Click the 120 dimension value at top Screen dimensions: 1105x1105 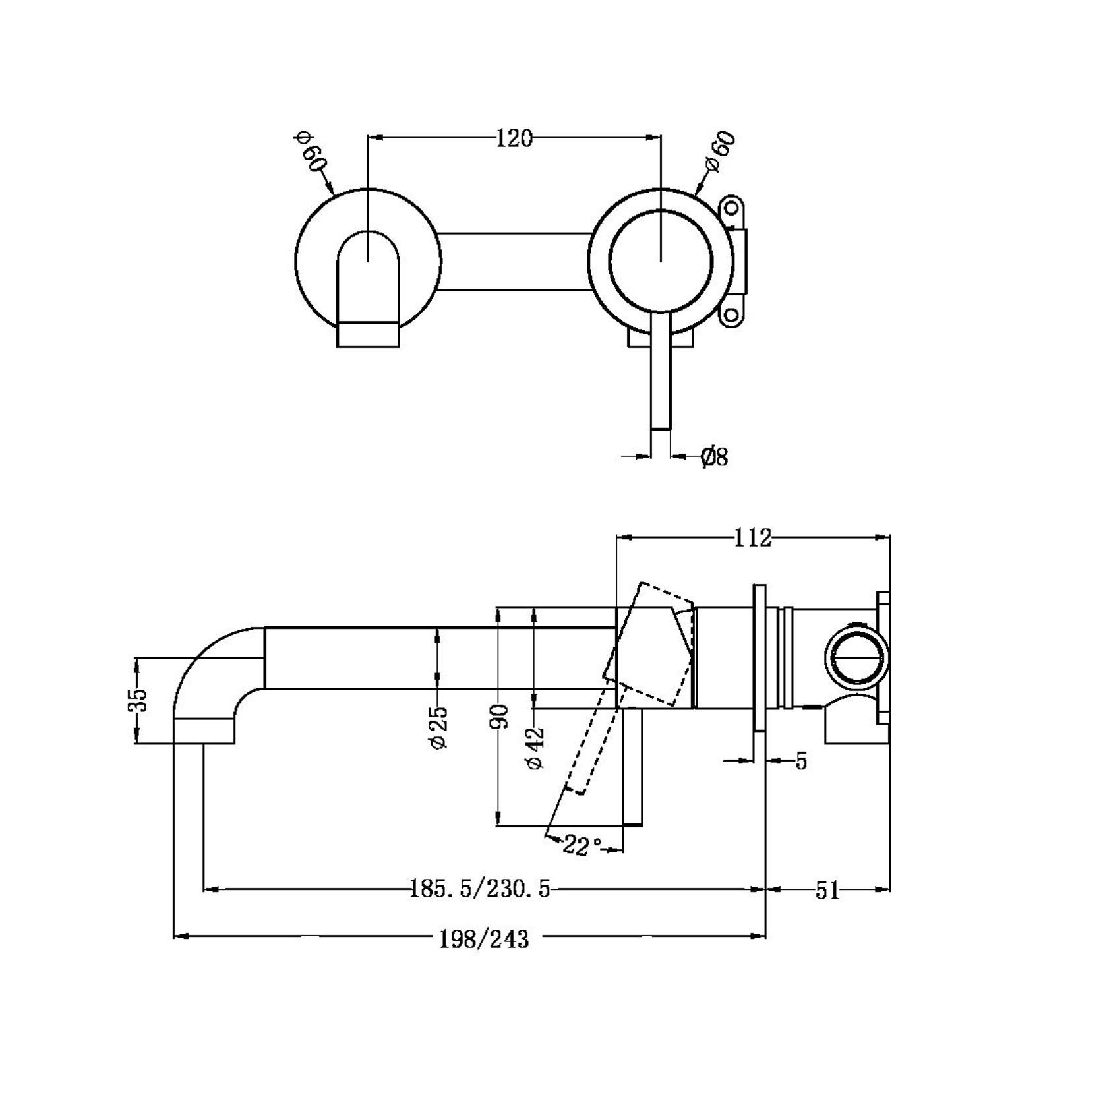514,139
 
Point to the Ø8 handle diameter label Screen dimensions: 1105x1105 714,457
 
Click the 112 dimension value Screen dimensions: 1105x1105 752,538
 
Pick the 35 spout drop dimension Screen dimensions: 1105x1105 138,700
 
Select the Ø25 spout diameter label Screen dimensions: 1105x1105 438,727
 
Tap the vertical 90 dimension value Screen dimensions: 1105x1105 500,716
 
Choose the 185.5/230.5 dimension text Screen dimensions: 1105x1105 479,889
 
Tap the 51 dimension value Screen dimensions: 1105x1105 827,891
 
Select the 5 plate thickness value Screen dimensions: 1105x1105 800,762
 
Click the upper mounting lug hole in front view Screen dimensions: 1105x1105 732,210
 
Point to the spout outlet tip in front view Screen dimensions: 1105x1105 368,334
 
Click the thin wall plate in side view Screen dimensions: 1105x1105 760,657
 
